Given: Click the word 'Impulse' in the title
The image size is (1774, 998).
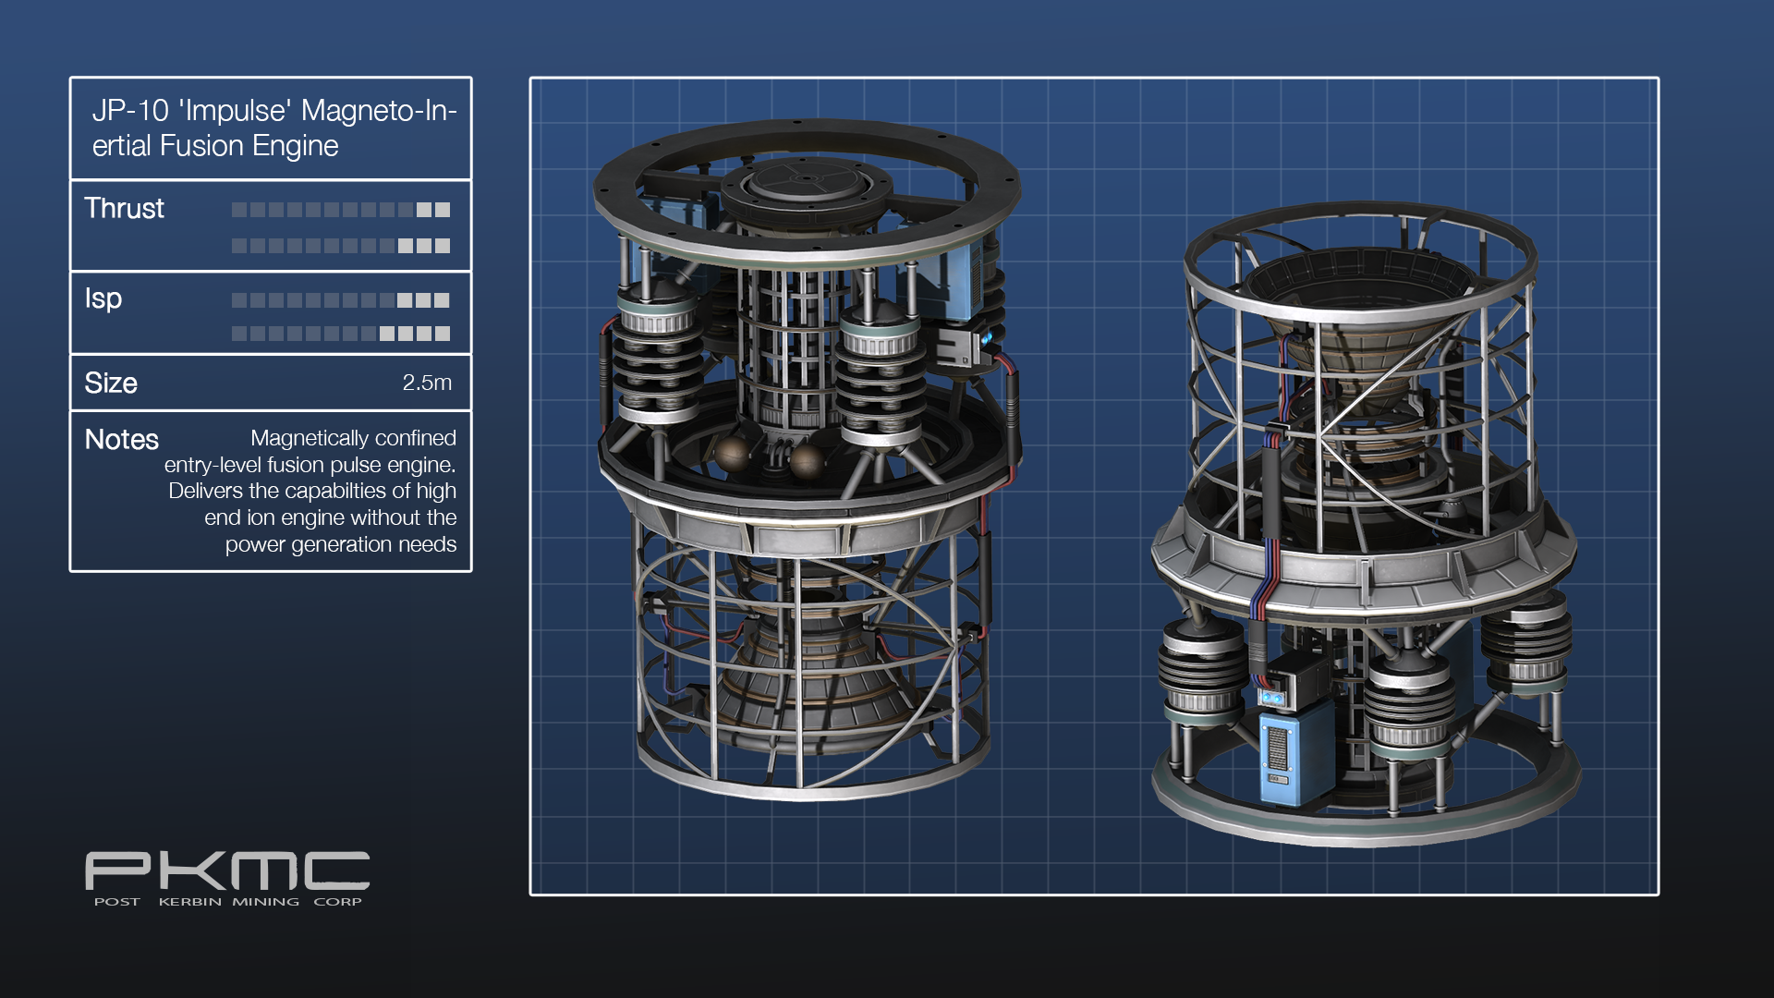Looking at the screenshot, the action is point(237,111).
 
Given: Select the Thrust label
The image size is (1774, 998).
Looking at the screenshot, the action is point(124,209).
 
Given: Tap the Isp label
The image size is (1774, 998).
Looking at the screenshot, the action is point(103,298).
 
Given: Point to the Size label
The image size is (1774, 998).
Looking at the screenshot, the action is point(111,383).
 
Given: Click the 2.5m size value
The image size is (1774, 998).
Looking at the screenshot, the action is point(427,383).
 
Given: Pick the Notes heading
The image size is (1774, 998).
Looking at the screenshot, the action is point(122,439).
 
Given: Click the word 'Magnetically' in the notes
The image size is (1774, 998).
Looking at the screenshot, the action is point(308,438).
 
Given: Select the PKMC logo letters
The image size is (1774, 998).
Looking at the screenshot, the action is point(227,871).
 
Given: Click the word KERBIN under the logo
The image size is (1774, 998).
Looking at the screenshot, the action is point(189,902).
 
